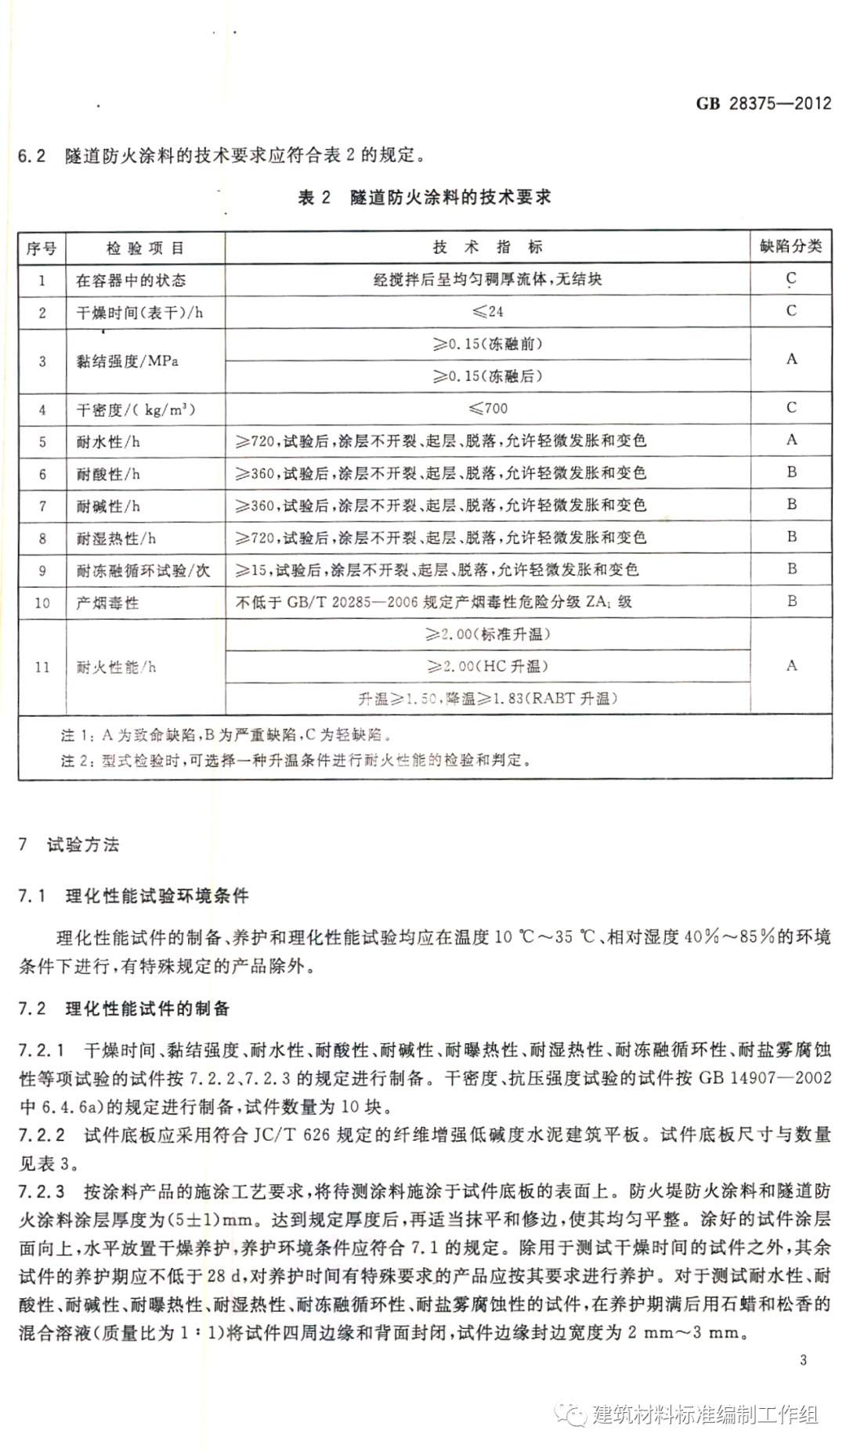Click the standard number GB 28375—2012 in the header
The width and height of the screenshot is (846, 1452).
coord(763,103)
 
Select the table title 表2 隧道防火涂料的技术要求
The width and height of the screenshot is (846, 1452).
coord(425,197)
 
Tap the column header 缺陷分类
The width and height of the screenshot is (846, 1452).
coord(790,246)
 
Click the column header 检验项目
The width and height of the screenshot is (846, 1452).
coord(145,248)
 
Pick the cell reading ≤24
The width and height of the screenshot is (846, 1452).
coord(486,311)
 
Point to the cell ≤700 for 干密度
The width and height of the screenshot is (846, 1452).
coord(487,408)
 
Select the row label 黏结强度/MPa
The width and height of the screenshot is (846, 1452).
coord(127,361)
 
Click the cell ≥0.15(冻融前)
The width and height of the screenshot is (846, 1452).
coord(487,343)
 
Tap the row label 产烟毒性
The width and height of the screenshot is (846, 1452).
coord(107,603)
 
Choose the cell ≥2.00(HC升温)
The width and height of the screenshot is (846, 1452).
coord(487,666)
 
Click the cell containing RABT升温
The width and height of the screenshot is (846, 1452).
coord(487,698)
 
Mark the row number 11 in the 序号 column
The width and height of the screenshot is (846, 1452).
coord(42,667)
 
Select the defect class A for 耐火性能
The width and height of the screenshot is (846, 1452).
coord(791,665)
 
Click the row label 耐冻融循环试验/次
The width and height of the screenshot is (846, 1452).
coord(143,570)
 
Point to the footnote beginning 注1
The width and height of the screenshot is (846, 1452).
coord(227,736)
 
